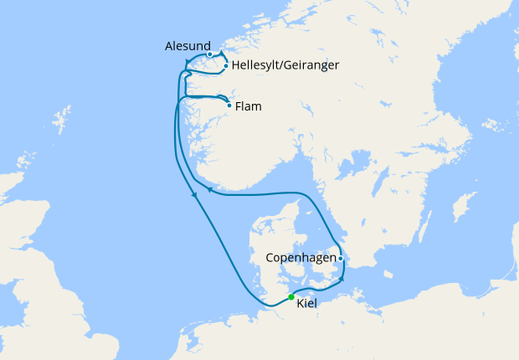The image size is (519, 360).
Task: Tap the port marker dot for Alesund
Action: pyautogui.click(x=209, y=54)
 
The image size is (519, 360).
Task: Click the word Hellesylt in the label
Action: pyautogui.click(x=257, y=64)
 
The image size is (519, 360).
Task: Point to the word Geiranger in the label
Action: pyautogui.click(x=312, y=64)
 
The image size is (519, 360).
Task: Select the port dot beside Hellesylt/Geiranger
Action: pyautogui.click(x=225, y=65)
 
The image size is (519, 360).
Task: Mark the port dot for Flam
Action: pyautogui.click(x=229, y=105)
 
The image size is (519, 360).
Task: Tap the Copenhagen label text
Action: pyautogui.click(x=301, y=258)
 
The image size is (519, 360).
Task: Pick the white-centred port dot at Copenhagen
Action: pyautogui.click(x=342, y=258)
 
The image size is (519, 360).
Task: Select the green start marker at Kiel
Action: pyautogui.click(x=290, y=296)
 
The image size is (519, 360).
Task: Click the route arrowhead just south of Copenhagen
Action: pyautogui.click(x=342, y=278)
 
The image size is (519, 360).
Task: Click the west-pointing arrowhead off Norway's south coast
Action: pyautogui.click(x=210, y=192)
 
